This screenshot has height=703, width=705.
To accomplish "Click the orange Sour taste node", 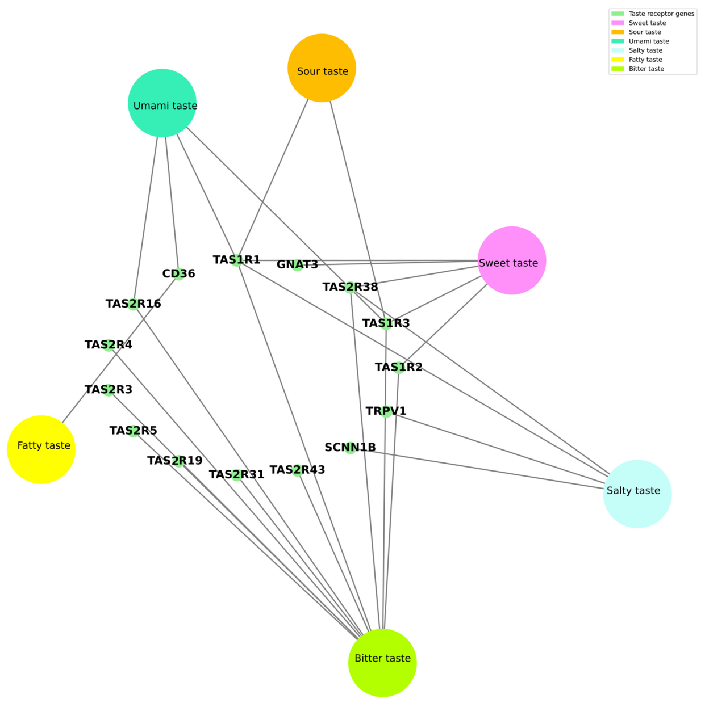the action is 322,68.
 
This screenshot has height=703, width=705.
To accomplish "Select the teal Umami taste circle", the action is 162,103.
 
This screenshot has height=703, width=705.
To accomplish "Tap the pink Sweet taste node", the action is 512,260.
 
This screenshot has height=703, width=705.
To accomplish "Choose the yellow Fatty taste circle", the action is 41,449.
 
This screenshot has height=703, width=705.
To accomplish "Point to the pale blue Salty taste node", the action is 637,494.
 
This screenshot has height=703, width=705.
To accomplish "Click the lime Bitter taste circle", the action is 382,663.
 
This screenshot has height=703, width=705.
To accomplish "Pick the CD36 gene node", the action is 178,274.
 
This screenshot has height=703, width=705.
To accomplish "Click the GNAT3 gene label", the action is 297,264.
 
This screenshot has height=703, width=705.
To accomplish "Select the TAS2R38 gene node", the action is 350,287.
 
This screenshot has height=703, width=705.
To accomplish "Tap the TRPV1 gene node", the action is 386,411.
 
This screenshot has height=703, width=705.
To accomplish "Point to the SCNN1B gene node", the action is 350,448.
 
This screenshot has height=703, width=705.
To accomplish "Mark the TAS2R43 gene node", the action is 297,470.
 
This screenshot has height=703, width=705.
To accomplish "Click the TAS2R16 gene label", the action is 133,304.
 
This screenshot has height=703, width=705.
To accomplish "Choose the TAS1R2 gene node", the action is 398,367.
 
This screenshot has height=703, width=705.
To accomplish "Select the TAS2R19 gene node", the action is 178,461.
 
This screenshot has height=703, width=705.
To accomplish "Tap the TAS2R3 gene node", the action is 109,390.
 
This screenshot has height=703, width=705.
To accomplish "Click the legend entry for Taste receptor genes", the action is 652,14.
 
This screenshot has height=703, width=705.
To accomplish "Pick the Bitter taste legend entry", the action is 637,69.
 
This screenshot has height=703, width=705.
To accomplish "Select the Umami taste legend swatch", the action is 618,41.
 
